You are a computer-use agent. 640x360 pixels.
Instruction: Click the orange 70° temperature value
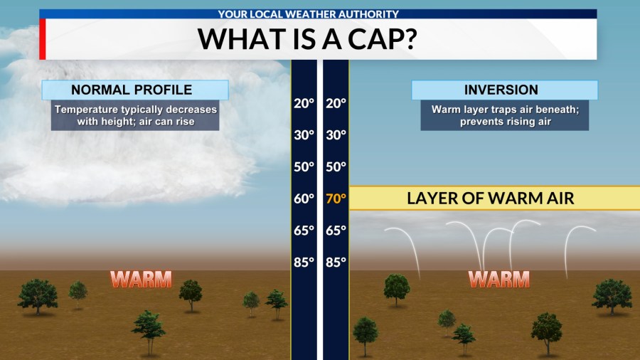[x=335, y=198]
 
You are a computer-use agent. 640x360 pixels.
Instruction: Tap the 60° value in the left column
[x=304, y=198]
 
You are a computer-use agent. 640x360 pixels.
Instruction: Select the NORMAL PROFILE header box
[x=134, y=90]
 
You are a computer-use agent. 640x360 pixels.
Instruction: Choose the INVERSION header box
[x=504, y=90]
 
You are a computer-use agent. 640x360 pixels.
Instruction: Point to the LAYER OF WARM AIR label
[x=490, y=198]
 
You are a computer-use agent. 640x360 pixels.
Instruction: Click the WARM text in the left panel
[x=141, y=279]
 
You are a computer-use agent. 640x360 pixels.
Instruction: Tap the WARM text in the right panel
[x=499, y=279]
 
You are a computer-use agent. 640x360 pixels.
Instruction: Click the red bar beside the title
[x=42, y=38]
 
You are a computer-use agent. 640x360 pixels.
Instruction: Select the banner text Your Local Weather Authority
[x=317, y=14]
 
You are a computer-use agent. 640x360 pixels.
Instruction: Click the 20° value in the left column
[x=304, y=103]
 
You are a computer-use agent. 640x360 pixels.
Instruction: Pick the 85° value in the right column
[x=335, y=262]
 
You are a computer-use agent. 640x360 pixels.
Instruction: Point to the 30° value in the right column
[x=335, y=135]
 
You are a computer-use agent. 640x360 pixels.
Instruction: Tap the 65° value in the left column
[x=304, y=231]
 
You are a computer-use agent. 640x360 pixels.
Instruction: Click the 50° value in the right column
[x=335, y=167]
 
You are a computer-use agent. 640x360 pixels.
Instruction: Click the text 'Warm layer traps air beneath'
[x=504, y=110]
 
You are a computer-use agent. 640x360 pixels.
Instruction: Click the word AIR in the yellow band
[x=557, y=198]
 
